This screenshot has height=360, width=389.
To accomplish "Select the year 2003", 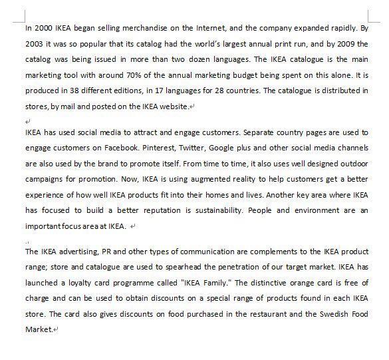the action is point(35,44).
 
